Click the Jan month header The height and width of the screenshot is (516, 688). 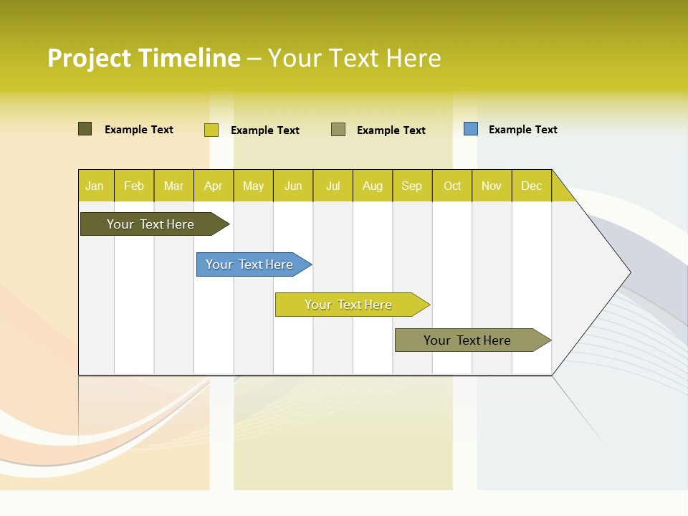point(95,186)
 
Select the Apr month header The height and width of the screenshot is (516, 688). point(214,186)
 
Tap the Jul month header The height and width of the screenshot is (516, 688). point(333,186)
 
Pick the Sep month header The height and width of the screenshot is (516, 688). point(411,186)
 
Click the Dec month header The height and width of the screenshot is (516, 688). point(531,186)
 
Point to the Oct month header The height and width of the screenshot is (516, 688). point(452,186)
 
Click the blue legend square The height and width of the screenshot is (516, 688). point(471,129)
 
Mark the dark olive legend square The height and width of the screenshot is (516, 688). point(85,129)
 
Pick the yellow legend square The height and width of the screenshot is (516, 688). point(211,130)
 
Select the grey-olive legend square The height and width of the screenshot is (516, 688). point(338,130)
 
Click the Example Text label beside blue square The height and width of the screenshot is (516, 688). point(522,130)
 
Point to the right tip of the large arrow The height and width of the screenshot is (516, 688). point(629,272)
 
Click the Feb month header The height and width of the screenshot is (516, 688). point(134,186)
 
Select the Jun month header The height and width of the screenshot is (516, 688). point(293,186)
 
